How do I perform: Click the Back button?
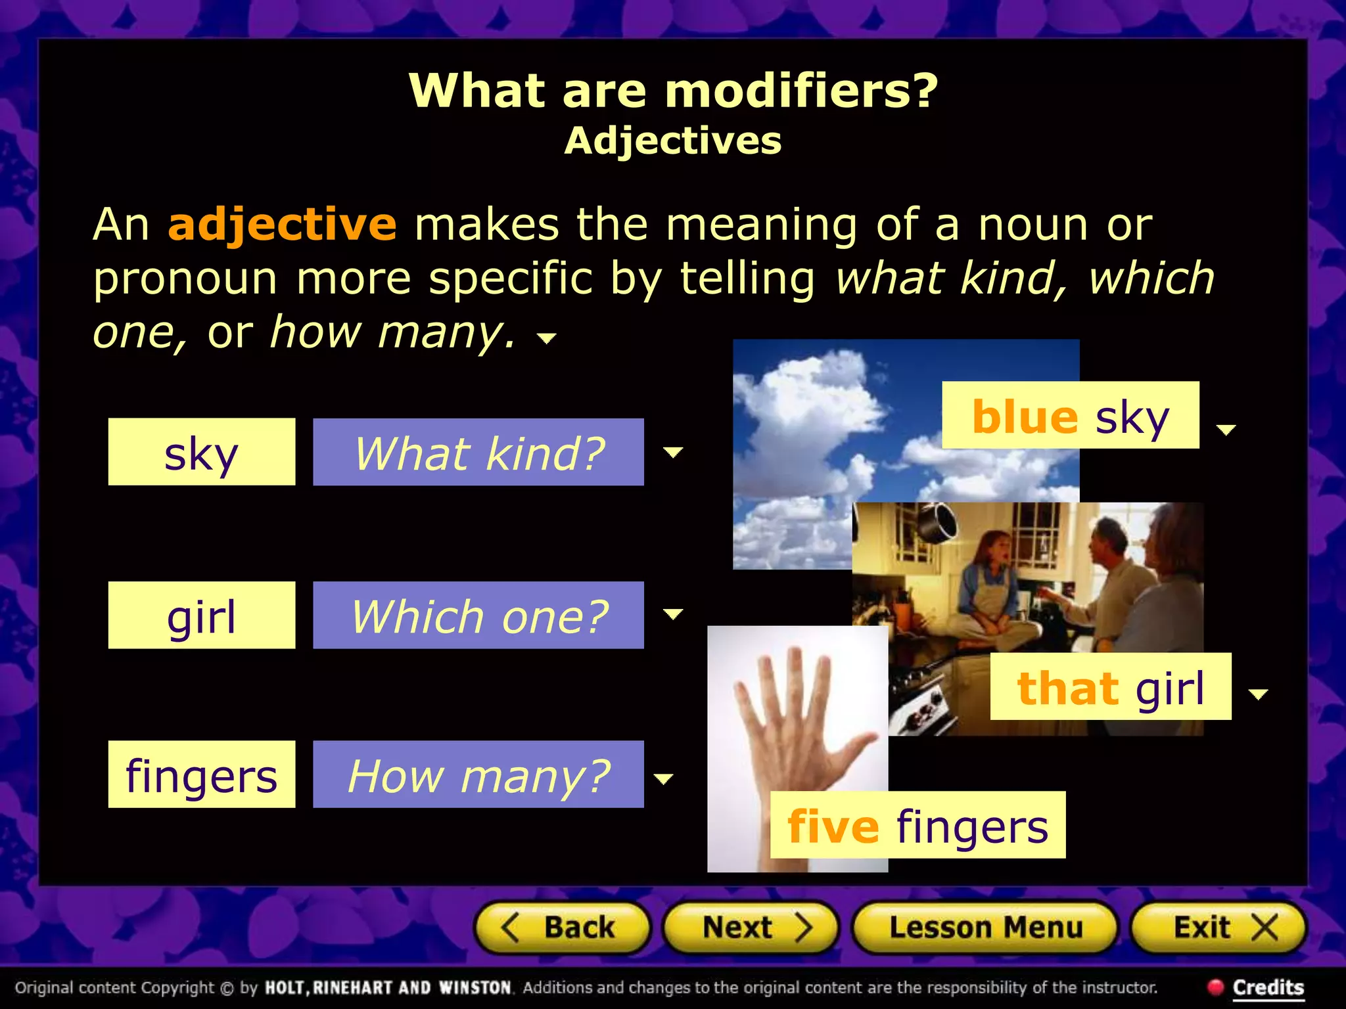point(563,928)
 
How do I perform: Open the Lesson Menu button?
point(985,928)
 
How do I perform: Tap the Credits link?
point(1268,987)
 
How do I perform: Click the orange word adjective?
point(282,225)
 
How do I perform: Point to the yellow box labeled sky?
point(201,452)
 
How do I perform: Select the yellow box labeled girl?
point(201,616)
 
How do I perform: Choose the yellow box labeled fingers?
point(201,774)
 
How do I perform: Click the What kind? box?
point(478,452)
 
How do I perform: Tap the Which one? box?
point(478,616)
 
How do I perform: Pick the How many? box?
point(478,774)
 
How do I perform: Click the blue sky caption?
point(1070,415)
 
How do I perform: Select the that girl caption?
point(1110,686)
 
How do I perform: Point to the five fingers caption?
point(917,825)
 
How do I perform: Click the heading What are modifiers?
point(673,90)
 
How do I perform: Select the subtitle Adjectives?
point(673,141)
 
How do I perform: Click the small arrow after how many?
point(547,338)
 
